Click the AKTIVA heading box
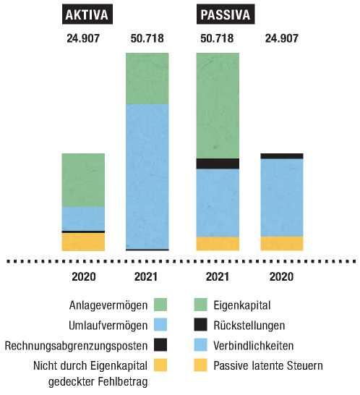(x=87, y=14)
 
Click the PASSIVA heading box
(x=226, y=14)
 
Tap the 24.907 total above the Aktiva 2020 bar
(x=83, y=38)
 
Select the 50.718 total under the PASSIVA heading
(x=217, y=38)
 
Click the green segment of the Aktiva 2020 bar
(x=83, y=180)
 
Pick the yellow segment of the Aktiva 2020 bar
(x=83, y=242)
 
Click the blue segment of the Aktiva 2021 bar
(x=147, y=177)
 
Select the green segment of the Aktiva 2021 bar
(x=147, y=79)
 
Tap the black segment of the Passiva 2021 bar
(x=218, y=163)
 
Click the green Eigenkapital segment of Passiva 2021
(x=218, y=106)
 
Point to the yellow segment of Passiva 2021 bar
(x=218, y=244)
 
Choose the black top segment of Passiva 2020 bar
(x=282, y=156)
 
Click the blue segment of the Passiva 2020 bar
(x=282, y=197)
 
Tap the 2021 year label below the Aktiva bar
(x=146, y=277)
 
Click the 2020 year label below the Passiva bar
(x=281, y=277)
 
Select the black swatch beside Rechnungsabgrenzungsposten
(x=160, y=345)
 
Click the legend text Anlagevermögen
(x=108, y=305)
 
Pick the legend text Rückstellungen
(x=249, y=326)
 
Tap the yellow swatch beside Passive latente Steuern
(x=201, y=365)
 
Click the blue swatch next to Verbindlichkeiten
(x=201, y=345)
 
